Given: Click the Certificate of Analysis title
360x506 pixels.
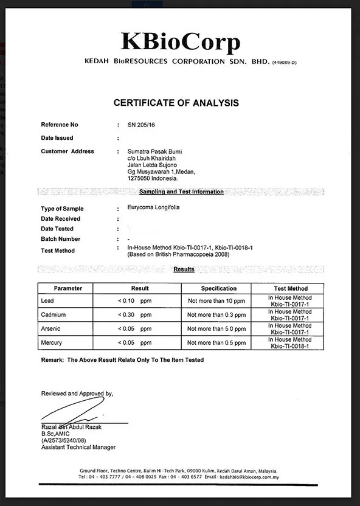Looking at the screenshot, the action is pos(176,103).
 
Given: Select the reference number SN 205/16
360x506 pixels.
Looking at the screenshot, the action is pos(140,125).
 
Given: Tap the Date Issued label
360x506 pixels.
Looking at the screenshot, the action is pos(57,138).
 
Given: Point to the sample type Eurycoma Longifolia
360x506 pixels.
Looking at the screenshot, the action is pos(153,207).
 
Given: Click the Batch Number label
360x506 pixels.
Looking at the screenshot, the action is pos(61,239).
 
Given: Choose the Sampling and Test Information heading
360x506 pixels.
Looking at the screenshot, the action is pos(181,192).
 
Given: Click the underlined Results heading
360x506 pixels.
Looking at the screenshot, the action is pos(184,269).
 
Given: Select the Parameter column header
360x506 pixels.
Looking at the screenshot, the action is pos(68,288).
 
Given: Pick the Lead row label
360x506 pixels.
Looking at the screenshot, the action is pos(47,301).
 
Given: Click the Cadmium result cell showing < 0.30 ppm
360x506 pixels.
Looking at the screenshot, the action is pos(134,315).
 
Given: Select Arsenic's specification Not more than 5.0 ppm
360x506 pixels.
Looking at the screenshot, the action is pos(216,329).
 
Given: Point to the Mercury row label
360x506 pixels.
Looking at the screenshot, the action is pos(51,342).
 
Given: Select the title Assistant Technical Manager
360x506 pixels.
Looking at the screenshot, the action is pos(78,447).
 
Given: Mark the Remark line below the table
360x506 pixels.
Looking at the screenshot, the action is pos(122,360).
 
